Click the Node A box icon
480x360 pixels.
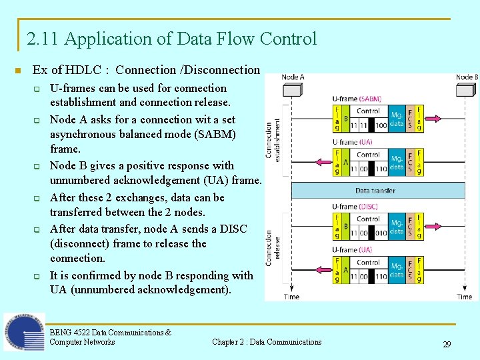[293, 91]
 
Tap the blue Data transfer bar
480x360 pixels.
[377, 191]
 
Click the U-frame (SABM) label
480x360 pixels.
[357, 99]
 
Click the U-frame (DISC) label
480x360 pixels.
[356, 207]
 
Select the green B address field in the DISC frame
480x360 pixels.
[345, 227]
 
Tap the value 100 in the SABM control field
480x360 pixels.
[381, 125]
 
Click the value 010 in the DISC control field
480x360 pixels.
[381, 233]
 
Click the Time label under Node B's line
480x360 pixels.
[465, 297]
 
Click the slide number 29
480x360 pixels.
[447, 345]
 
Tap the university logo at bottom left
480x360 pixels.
[24, 332]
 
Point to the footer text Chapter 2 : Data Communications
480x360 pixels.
[267, 342]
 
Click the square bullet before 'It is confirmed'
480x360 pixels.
[38, 276]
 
